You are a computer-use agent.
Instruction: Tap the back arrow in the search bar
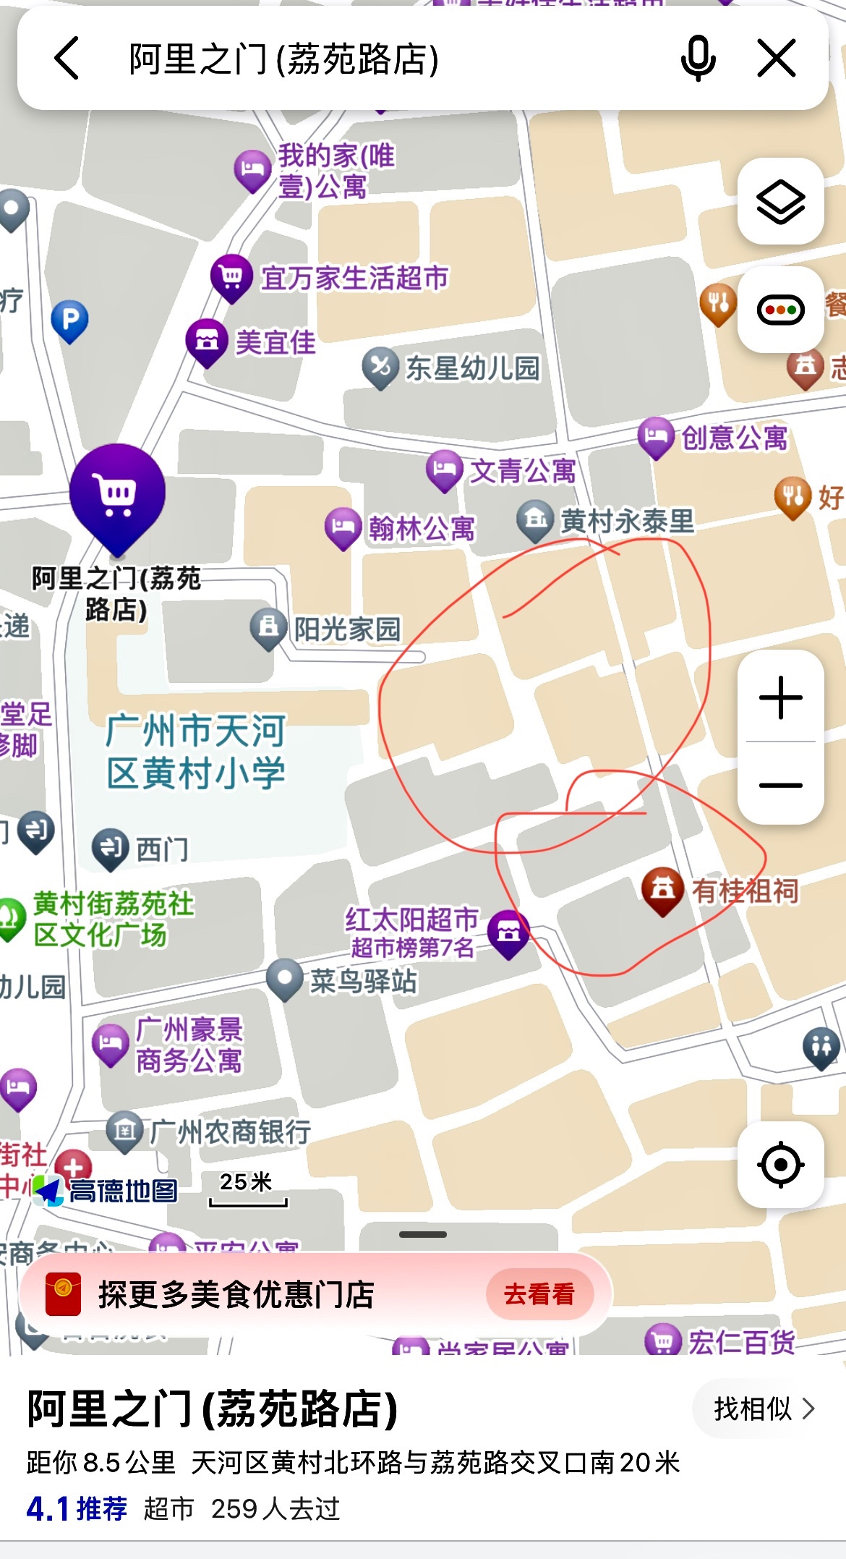[x=67, y=59]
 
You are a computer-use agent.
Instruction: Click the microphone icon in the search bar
[x=698, y=59]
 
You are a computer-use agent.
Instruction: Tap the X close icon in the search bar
[x=777, y=59]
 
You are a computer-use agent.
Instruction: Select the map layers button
[x=780, y=202]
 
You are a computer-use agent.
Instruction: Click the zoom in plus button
[x=780, y=698]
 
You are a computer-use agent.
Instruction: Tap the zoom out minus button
[x=780, y=785]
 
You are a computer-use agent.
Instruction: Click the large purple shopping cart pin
[x=117, y=494]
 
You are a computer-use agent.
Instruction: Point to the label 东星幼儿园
[x=471, y=368]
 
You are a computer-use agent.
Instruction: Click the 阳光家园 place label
[x=346, y=629]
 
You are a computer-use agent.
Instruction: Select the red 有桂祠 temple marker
[x=662, y=890]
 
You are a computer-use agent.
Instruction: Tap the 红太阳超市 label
[x=411, y=920]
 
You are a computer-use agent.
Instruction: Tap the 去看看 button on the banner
[x=539, y=1294]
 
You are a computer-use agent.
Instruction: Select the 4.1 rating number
[x=48, y=1509]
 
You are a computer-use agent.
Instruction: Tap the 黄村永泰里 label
[x=626, y=521]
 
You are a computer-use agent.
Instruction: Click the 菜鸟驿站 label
[x=363, y=982]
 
